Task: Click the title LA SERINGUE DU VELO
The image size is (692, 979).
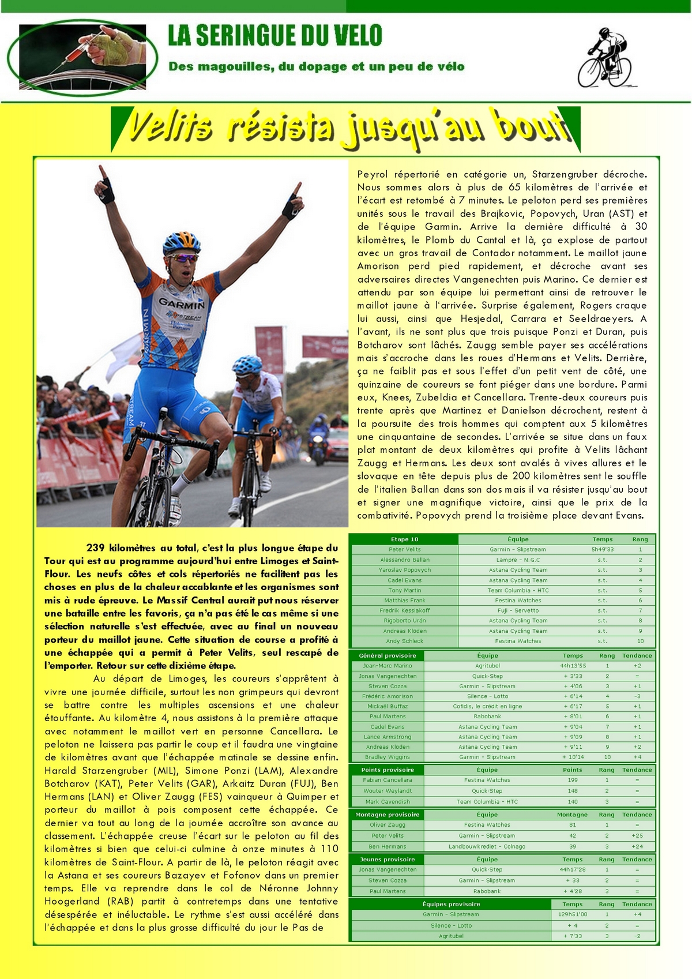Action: coord(275,36)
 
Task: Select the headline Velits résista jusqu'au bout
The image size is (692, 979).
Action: coord(346,127)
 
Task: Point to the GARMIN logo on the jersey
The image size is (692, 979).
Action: coord(182,302)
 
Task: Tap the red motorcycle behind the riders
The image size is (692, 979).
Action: coord(336,446)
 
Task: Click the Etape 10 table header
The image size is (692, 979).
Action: coord(404,539)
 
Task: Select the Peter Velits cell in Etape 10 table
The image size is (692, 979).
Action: coord(404,550)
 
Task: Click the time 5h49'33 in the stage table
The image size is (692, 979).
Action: coord(602,550)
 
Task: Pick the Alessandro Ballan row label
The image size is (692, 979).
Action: coord(404,560)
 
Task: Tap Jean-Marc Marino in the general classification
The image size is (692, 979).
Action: coord(387,666)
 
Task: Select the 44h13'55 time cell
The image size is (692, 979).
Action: coord(573,666)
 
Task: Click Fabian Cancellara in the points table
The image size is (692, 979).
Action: coord(387,780)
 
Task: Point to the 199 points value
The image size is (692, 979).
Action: coord(573,780)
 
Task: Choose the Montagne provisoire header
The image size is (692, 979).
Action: coord(387,815)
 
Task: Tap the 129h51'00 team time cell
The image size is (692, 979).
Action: coord(573,914)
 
